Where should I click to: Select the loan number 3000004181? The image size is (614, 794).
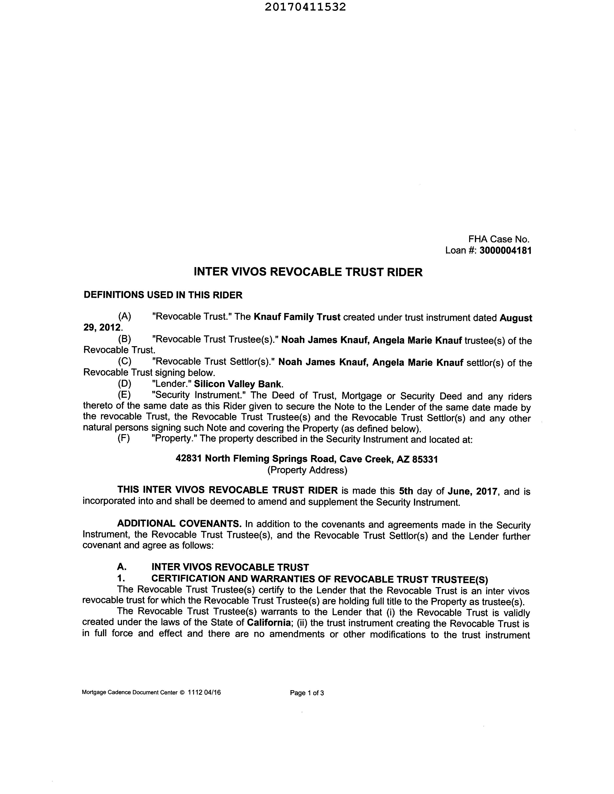click(x=506, y=251)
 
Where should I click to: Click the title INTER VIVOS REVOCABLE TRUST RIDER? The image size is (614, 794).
click(x=308, y=272)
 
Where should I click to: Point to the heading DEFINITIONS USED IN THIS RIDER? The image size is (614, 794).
click(x=163, y=295)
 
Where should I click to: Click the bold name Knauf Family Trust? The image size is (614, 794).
click(x=297, y=317)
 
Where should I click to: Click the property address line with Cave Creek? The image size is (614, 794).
click(x=307, y=459)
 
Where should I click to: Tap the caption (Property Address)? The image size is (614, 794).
click(x=307, y=470)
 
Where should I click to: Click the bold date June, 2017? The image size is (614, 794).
click(x=472, y=491)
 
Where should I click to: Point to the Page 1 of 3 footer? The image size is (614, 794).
click(x=307, y=693)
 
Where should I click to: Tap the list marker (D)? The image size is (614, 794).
click(x=124, y=384)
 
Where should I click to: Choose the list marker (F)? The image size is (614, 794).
click(x=124, y=438)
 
